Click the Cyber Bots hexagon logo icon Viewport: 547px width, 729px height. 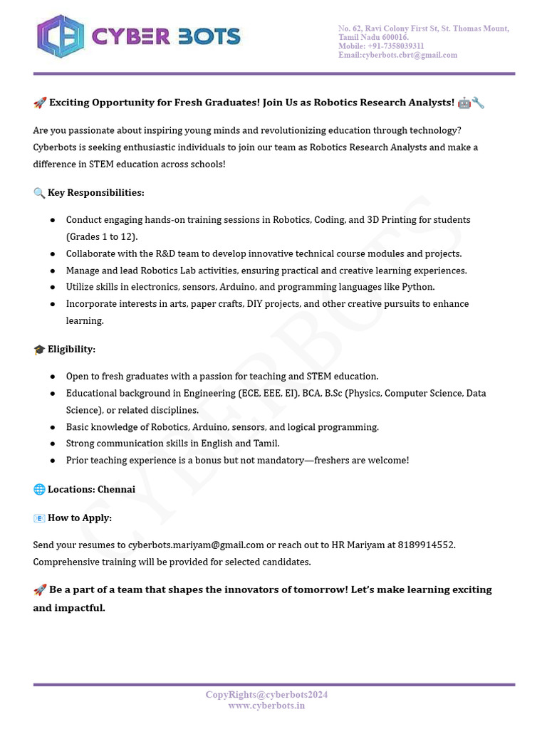60,36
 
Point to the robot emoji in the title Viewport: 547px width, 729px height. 464,103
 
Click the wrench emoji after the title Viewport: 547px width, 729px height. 478,103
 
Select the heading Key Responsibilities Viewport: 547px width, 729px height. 95,193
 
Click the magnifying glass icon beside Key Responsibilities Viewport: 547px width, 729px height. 39,193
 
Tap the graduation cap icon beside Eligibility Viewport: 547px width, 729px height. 39,350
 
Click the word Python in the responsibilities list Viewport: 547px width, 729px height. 418,287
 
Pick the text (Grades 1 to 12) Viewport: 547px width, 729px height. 102,236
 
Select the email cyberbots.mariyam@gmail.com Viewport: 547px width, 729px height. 196,545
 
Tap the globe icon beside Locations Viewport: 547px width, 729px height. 39,490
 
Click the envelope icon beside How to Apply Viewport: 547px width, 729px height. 39,518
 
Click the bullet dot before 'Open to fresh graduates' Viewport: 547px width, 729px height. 53,376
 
